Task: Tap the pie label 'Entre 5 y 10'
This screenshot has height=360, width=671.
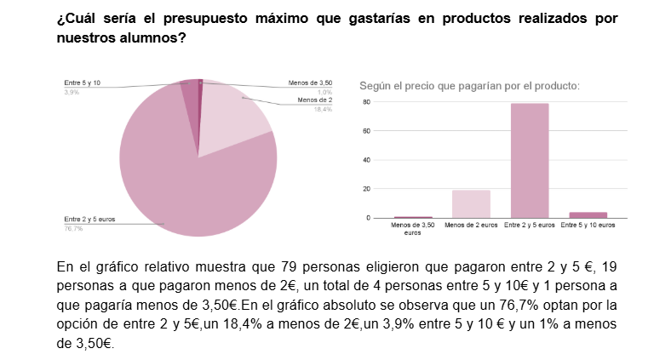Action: (x=83, y=83)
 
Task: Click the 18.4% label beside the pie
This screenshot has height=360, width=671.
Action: (x=323, y=109)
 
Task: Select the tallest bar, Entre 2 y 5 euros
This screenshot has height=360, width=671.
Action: (x=529, y=160)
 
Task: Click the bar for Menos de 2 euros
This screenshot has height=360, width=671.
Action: (x=471, y=203)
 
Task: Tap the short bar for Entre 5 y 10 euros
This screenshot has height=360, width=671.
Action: (x=588, y=214)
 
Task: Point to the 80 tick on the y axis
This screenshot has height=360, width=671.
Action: (x=366, y=102)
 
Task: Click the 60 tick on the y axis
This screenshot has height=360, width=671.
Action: (x=366, y=131)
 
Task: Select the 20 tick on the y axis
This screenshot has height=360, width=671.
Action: (x=366, y=189)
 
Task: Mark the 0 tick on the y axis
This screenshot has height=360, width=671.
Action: (x=368, y=218)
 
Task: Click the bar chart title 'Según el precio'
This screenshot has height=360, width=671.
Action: (x=469, y=86)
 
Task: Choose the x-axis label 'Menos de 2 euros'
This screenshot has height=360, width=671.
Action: (x=471, y=226)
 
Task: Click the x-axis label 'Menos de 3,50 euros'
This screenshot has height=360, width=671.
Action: (x=412, y=228)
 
